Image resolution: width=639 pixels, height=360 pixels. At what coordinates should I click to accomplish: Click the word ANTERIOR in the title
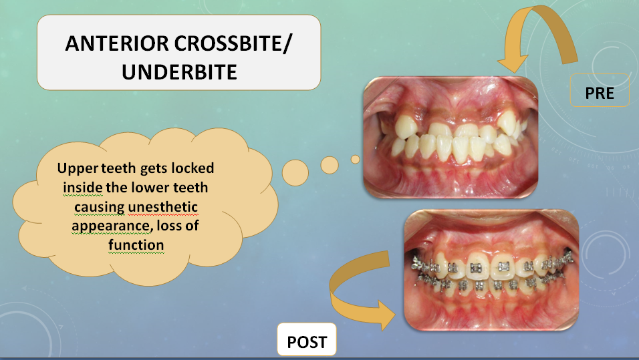116,43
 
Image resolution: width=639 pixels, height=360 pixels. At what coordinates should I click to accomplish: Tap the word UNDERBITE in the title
179,71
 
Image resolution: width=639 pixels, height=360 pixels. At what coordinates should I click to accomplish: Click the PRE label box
600,90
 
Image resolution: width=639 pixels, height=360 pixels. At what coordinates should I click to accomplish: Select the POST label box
307,340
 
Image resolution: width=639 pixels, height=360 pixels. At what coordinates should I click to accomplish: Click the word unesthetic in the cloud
163,207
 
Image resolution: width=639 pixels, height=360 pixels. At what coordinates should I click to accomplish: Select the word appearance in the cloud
110,226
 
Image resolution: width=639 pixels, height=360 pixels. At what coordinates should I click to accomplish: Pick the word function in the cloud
136,245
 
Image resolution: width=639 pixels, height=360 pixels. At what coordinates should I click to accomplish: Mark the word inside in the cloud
83,187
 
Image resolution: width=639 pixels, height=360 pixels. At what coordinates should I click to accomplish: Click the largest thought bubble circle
295,173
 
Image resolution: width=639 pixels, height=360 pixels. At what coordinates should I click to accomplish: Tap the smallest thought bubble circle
356,159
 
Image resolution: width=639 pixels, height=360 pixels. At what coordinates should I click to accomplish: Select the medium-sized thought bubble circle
330,166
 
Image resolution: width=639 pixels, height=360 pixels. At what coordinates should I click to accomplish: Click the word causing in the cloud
100,208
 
